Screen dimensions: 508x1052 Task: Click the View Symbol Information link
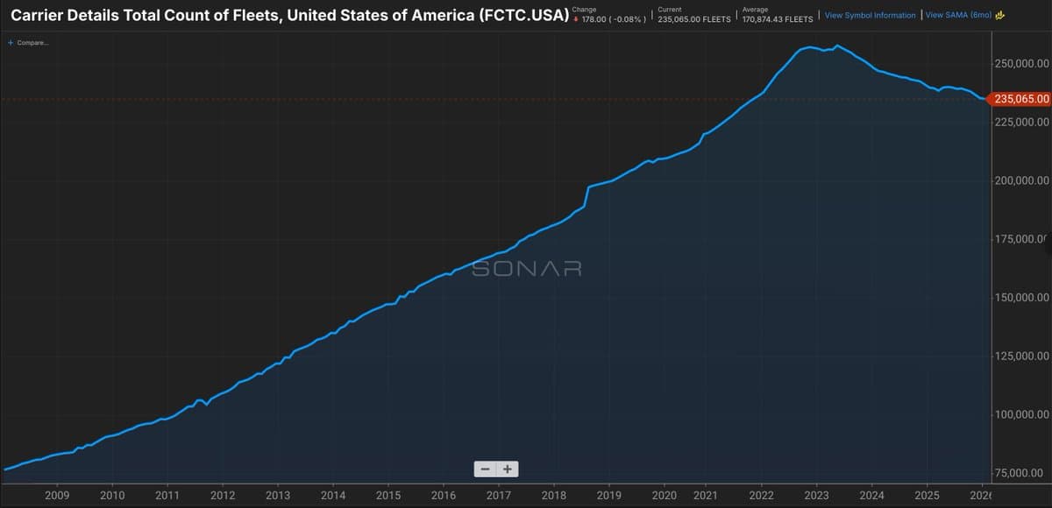pyautogui.click(x=870, y=16)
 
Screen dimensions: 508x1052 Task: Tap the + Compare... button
pyautogui.click(x=28, y=43)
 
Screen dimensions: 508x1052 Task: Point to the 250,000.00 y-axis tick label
pyautogui.click(x=1022, y=64)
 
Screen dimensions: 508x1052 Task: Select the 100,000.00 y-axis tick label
pyautogui.click(x=1022, y=414)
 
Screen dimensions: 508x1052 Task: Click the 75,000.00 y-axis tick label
pyautogui.click(x=1024, y=473)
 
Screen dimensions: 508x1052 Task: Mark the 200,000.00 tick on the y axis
pyautogui.click(x=1022, y=180)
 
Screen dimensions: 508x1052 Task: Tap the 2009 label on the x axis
pyautogui.click(x=57, y=495)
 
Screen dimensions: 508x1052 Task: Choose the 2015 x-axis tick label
pyautogui.click(x=388, y=495)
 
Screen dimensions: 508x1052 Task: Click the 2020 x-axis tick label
pyautogui.click(x=665, y=495)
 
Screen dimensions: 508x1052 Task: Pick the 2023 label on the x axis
pyautogui.click(x=816, y=495)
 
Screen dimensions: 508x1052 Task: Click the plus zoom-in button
pyautogui.click(x=507, y=469)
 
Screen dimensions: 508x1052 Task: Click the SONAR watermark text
pyautogui.click(x=527, y=269)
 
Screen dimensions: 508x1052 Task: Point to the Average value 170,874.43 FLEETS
pyautogui.click(x=777, y=19)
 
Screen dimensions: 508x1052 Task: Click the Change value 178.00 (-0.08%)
pyautogui.click(x=614, y=19)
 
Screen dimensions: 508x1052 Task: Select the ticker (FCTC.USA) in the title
pyautogui.click(x=523, y=16)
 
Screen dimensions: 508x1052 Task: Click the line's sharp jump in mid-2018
pyautogui.click(x=586, y=197)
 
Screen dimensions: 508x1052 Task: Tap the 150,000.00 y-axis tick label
pyautogui.click(x=1022, y=298)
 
